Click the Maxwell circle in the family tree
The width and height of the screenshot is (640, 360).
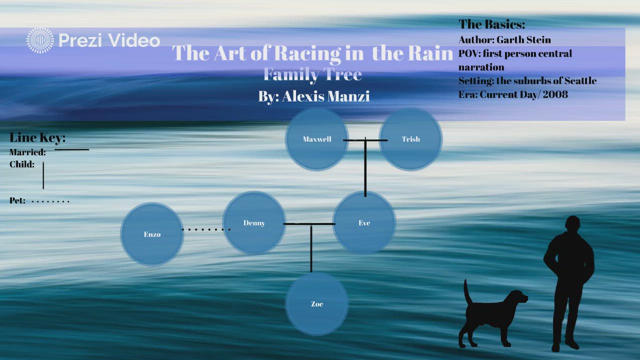click(x=316, y=139)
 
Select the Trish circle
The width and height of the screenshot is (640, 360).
click(x=410, y=139)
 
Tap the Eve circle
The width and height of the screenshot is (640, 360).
click(x=364, y=223)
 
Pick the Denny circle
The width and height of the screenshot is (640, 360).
click(x=254, y=223)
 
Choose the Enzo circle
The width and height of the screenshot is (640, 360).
click(x=152, y=234)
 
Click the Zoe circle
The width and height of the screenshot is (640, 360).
click(x=316, y=304)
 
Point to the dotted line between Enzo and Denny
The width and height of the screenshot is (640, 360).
click(x=205, y=229)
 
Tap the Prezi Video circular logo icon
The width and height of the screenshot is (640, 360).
click(x=40, y=40)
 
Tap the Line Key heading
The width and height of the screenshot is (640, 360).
click(x=37, y=138)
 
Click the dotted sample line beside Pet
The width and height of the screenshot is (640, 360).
click(x=50, y=201)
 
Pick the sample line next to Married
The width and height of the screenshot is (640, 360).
click(x=71, y=149)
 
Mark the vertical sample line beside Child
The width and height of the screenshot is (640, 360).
click(x=43, y=175)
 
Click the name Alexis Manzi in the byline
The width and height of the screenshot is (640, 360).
click(x=325, y=96)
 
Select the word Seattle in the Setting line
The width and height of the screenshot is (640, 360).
click(x=580, y=81)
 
